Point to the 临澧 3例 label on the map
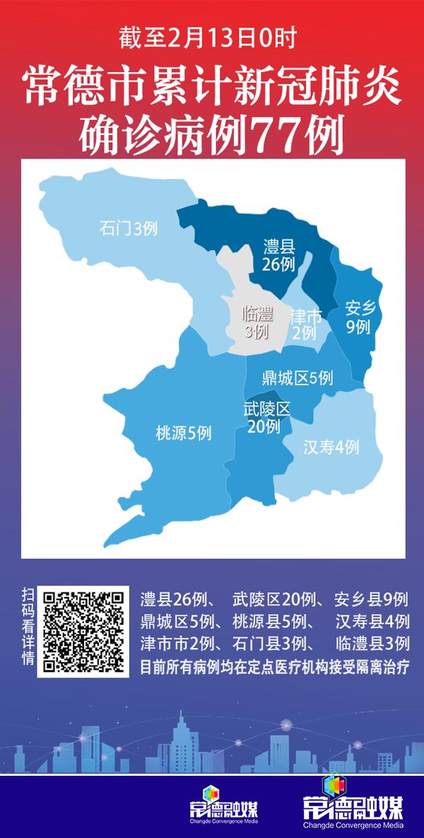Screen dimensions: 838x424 (x=257, y=322)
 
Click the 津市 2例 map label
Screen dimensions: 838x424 (x=305, y=324)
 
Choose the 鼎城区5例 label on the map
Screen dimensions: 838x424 (x=297, y=378)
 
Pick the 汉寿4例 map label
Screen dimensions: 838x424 (x=331, y=447)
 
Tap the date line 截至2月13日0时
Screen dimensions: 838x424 (x=211, y=36)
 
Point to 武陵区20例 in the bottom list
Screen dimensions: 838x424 (x=271, y=601)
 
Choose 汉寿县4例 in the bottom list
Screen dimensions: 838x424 (x=372, y=622)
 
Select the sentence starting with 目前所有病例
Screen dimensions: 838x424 (x=275, y=666)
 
